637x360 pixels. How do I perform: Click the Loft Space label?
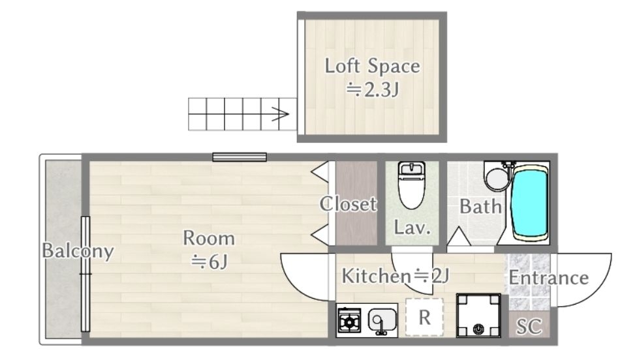(x=372, y=66)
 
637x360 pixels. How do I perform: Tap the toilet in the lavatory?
(x=412, y=185)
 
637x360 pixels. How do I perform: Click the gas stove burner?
(x=349, y=322)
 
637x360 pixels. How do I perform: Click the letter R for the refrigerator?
(x=424, y=318)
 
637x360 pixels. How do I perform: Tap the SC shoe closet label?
(x=529, y=326)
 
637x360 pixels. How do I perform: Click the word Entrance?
(x=548, y=278)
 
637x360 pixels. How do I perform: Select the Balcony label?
(x=78, y=251)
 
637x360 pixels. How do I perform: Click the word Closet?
(x=348, y=203)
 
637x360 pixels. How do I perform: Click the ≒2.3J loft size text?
(x=372, y=89)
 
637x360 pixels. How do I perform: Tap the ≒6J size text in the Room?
(x=210, y=262)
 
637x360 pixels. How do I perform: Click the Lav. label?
(x=412, y=228)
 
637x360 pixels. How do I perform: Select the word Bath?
(x=480, y=207)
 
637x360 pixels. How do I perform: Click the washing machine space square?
(x=478, y=316)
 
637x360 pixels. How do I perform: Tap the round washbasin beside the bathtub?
(x=496, y=178)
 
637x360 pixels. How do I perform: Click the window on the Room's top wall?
(x=240, y=157)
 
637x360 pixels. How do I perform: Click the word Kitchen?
(x=376, y=277)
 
